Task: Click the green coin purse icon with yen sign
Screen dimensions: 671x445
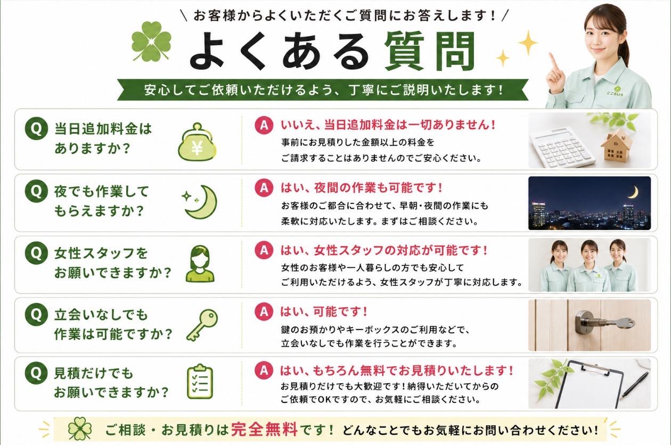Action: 197,142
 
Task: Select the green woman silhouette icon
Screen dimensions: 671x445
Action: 200,264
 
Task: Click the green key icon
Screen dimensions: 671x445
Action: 202,325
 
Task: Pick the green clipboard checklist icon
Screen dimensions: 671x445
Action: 200,382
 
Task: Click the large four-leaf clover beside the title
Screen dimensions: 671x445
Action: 151,42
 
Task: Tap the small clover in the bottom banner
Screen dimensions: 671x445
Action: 80,429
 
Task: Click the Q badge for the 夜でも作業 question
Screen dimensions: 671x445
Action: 36,191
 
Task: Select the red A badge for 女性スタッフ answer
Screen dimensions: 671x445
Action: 264,250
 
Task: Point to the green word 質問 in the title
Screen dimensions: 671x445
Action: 430,51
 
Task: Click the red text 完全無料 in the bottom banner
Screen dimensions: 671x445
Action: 265,430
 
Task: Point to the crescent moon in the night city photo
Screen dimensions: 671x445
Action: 633,192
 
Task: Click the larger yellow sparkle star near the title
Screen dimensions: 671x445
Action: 528,43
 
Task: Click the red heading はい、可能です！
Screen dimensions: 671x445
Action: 324,311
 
